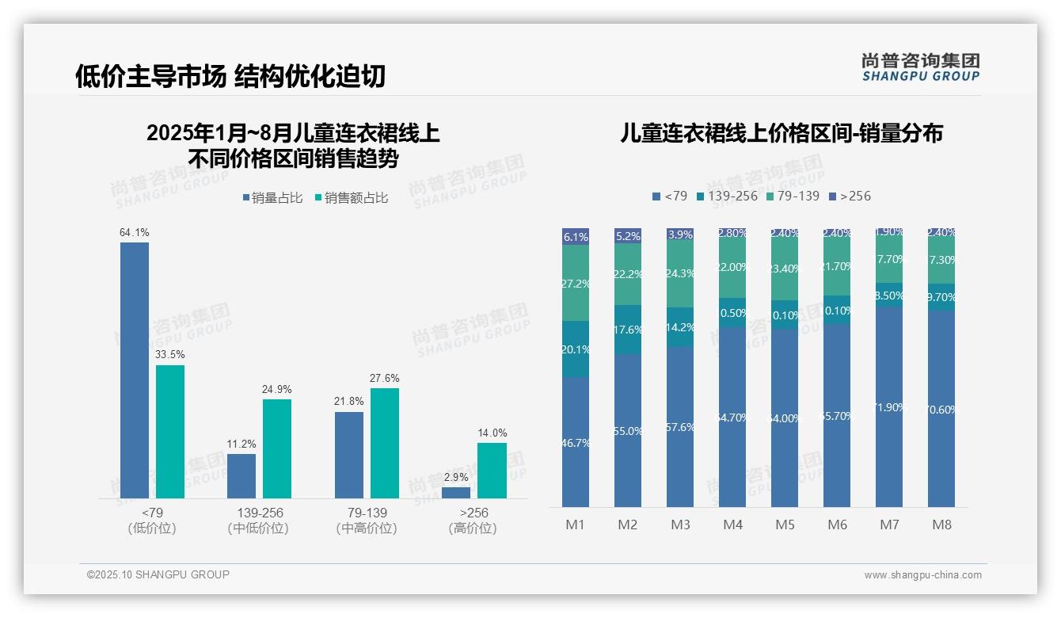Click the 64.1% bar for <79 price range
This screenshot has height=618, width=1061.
point(135,370)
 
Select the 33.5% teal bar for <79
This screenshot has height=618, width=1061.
point(170,432)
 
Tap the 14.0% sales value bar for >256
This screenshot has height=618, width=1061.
point(492,471)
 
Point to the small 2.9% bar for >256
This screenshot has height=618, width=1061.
point(456,493)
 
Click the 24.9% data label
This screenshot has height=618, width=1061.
point(277,389)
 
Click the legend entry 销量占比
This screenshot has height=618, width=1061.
point(272,198)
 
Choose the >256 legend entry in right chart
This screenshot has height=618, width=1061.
point(850,196)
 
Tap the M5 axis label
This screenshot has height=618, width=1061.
point(785,525)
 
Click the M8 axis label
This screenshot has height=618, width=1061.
point(941,525)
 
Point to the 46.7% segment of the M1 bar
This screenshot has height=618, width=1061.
point(576,441)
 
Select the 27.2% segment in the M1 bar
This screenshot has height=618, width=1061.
point(576,283)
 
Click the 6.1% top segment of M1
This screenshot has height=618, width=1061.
point(576,236)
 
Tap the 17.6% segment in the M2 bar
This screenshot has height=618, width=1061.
point(628,329)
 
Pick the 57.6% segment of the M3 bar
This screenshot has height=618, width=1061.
point(680,426)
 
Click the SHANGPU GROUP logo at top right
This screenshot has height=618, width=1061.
point(920,67)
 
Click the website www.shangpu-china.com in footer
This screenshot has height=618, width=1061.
point(922,575)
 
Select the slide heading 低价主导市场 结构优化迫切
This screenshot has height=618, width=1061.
point(230,75)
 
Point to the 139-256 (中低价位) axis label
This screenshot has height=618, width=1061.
point(258,521)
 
